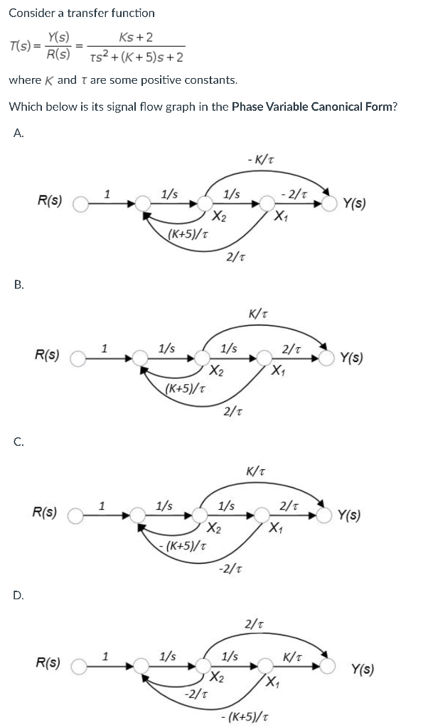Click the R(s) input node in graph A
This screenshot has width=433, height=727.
[x=80, y=204]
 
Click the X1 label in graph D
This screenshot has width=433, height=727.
[x=272, y=683]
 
